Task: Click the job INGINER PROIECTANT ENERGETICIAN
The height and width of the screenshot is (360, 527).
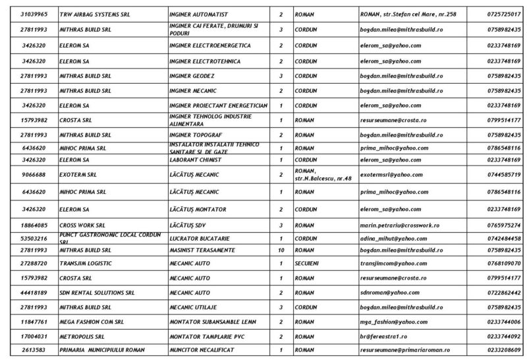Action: (218, 105)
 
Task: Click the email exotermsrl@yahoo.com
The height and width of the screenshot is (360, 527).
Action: (391, 175)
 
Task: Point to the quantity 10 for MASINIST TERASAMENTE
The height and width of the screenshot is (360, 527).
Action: (281, 251)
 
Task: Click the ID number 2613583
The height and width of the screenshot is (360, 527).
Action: (32, 349)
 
